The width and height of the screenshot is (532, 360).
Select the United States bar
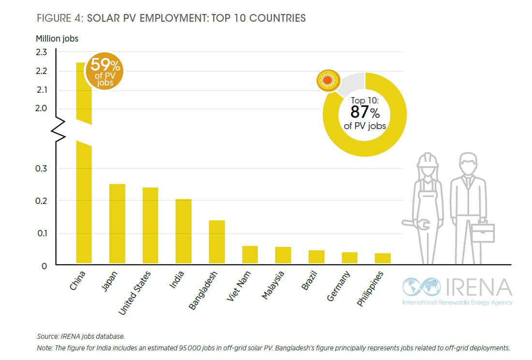click(x=150, y=225)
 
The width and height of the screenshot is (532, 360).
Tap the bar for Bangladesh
click(x=217, y=242)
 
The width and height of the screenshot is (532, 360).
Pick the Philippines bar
click(x=383, y=259)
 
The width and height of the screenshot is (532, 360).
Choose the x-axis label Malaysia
click(x=273, y=286)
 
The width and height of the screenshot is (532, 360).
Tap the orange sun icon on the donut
click(x=327, y=81)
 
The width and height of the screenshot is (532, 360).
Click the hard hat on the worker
click(x=428, y=160)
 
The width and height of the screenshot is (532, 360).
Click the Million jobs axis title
click(x=57, y=39)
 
